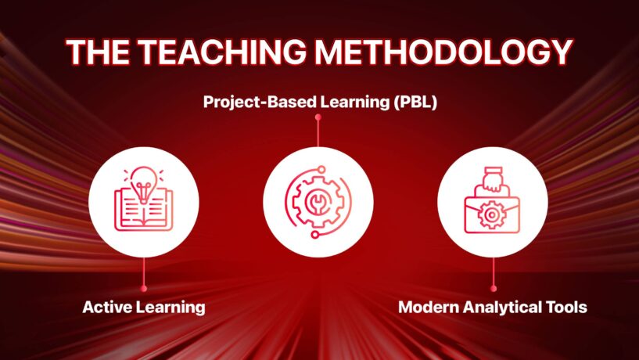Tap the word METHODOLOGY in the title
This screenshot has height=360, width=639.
[443, 52]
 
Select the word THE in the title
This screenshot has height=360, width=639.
[98, 52]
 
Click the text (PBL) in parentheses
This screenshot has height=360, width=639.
[415, 102]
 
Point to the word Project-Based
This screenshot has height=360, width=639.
[260, 102]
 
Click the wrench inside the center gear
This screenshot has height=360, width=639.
[318, 202]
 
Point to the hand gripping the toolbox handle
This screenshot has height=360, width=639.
[492, 179]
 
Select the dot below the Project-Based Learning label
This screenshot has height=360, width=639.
[318, 117]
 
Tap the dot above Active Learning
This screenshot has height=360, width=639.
[143, 289]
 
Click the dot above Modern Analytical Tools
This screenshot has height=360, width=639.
[494, 289]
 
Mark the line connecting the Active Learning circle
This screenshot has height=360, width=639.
[143, 272]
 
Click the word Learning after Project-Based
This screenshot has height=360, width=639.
[354, 102]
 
